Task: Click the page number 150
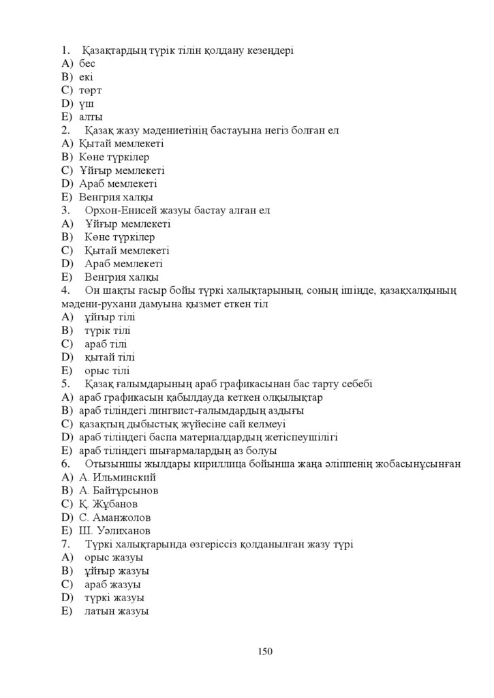265,652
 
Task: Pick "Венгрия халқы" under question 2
106,197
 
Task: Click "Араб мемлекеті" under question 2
108,183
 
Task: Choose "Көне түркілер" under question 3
119,237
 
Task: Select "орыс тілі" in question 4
107,371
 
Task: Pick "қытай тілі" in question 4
109,357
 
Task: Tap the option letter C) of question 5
66,424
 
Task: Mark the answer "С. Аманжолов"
111,517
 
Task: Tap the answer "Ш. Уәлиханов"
110,531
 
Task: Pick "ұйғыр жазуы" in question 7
117,571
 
